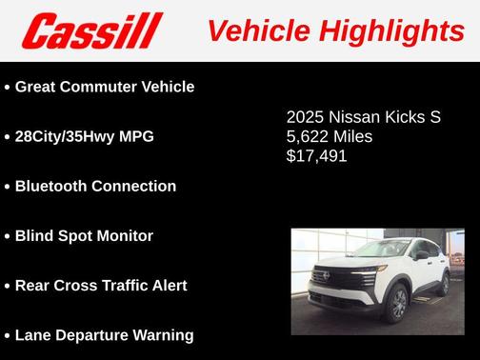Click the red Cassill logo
(92, 30)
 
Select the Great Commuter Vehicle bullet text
(105, 87)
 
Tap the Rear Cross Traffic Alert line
(101, 285)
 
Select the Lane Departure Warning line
(104, 334)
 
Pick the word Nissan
(353, 118)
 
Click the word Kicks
(405, 118)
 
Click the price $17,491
(316, 155)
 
